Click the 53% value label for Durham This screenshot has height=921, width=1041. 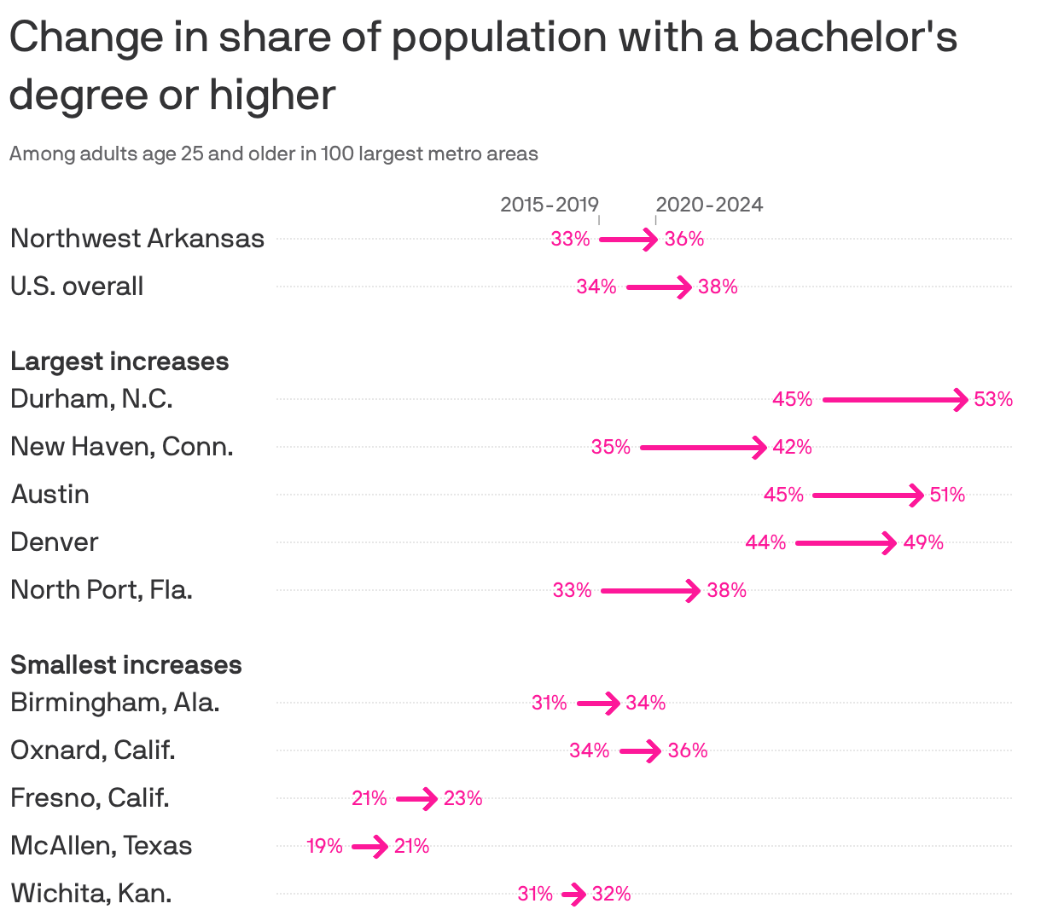coord(993,399)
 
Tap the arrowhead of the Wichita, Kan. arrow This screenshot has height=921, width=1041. coord(579,895)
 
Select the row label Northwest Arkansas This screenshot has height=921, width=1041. coord(137,238)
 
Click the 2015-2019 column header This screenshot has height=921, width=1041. coord(549,205)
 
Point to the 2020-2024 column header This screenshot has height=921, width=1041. coord(709,205)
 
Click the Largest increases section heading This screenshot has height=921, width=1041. coord(119,362)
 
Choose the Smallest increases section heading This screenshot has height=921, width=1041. coord(126,665)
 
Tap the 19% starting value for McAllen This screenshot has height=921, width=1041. coord(324,846)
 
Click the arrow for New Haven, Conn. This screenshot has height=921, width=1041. coord(703,447)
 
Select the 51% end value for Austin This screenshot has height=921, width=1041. coord(947,495)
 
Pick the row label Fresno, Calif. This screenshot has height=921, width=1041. coord(90,798)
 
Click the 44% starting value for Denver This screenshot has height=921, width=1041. coord(765,542)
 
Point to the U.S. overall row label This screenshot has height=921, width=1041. coord(77,287)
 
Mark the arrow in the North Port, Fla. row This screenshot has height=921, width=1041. coord(650,590)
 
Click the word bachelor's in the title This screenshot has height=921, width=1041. coord(852,38)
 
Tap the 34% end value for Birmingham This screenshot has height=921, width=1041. coord(645,703)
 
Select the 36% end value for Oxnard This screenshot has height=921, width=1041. coord(688,750)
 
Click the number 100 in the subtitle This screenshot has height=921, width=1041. coord(337,154)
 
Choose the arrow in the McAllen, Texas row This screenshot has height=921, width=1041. coord(369,847)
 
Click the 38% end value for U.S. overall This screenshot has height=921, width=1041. coord(718,287)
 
